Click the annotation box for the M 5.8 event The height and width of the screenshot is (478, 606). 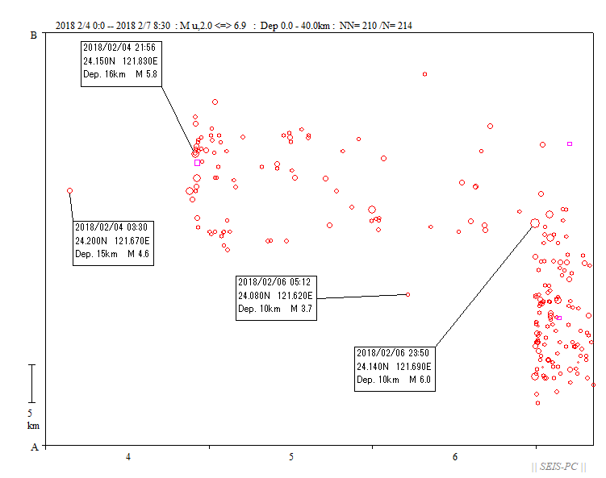pos(121,64)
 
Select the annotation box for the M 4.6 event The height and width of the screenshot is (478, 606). pos(113,243)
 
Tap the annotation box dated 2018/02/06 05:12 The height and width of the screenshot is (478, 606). pos(276,298)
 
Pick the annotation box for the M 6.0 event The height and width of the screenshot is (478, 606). pos(395,369)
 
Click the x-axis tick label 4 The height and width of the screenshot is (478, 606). pos(128,457)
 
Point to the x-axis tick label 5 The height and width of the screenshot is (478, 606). pos(291,457)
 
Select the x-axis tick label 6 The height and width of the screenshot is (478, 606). pos(455,457)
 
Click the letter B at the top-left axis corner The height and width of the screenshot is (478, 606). pos(34,35)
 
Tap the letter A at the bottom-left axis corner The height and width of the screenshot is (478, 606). pos(35,447)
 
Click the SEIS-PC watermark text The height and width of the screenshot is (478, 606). pos(558,467)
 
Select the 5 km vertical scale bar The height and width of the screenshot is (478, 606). pos(32,384)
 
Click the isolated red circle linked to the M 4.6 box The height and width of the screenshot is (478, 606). pos(69,191)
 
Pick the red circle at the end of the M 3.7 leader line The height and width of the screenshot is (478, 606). pos(407,294)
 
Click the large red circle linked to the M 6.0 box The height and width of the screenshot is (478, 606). pos(535,223)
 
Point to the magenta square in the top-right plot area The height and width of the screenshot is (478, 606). pos(569,144)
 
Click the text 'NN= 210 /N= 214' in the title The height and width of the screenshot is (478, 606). pos(376,26)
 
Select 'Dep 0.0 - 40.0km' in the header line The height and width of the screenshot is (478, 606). pos(295,26)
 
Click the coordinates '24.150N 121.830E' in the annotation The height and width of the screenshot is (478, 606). pos(120,61)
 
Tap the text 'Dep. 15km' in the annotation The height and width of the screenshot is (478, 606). pos(96,254)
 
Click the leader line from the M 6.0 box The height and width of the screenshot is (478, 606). pos(485,285)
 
